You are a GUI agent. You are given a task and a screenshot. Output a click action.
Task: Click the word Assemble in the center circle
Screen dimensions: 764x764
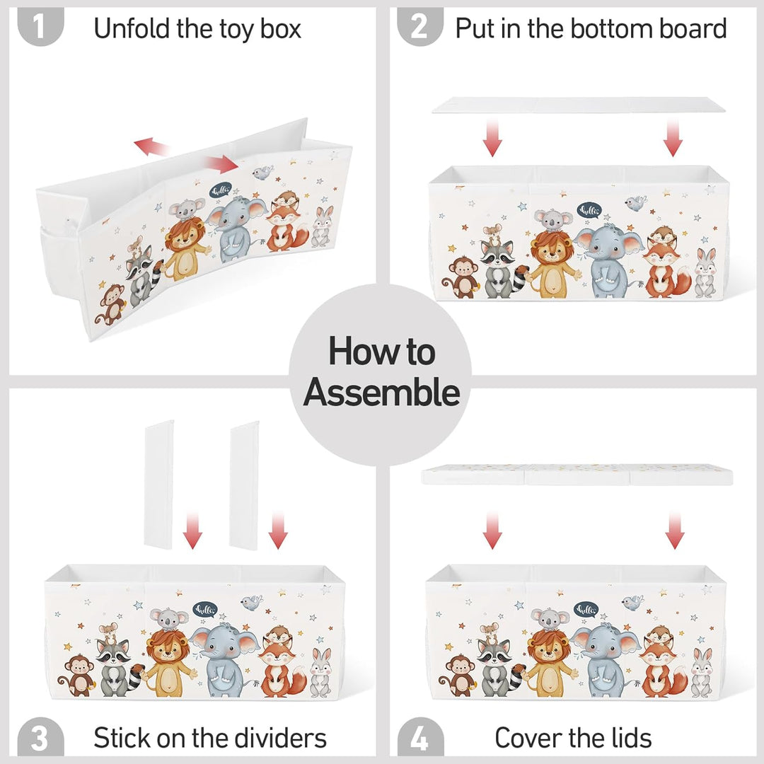(381, 392)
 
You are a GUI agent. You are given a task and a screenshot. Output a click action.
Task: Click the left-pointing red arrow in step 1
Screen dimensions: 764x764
(151, 146)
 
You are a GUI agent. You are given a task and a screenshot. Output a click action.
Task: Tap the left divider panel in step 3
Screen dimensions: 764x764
(159, 485)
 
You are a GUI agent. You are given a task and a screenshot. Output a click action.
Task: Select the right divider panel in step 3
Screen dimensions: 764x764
(244, 485)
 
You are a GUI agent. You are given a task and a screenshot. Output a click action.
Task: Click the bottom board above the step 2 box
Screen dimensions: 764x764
(579, 105)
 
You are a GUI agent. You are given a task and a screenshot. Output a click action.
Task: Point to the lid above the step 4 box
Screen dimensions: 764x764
(577, 474)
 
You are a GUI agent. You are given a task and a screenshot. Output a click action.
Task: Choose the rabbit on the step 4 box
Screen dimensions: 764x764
(702, 673)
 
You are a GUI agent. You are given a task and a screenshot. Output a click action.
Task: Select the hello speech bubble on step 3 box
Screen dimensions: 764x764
(204, 610)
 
